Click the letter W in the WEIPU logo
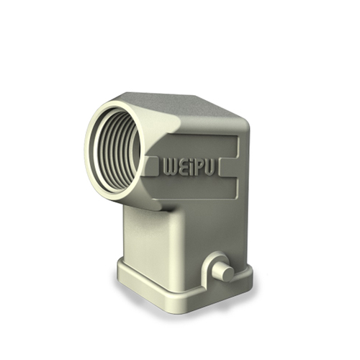coord(170,166)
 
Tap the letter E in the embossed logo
coord(182,166)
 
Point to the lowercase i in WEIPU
coord(191,167)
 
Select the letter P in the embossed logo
coord(199,167)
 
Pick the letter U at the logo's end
coord(209,167)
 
